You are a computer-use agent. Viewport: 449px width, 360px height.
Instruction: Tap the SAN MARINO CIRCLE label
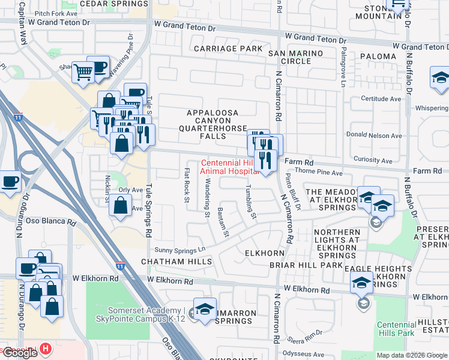[295, 57]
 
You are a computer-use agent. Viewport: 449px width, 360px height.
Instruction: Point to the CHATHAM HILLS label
[176, 262]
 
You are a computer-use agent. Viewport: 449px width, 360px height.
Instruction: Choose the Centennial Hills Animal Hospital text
[229, 167]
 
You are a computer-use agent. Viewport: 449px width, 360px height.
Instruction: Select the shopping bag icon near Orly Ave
[121, 205]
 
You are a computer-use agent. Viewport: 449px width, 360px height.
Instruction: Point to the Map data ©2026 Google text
[411, 355]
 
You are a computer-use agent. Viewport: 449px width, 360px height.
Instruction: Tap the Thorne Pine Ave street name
[321, 173]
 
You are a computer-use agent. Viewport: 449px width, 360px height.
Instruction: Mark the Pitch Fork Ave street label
[56, 13]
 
